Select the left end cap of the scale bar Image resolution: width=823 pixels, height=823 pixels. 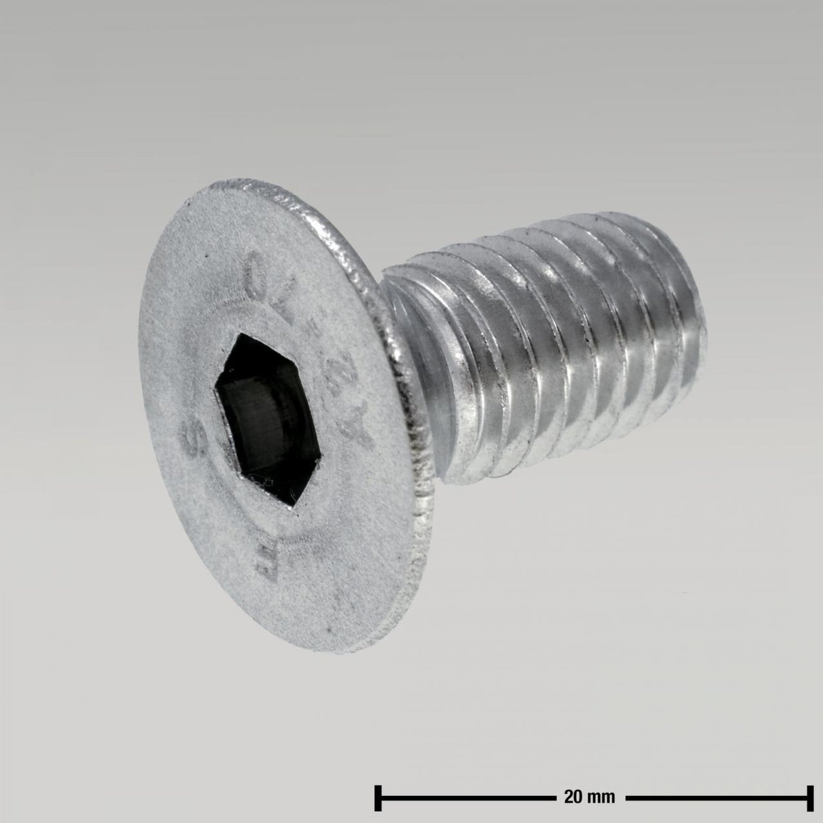378,797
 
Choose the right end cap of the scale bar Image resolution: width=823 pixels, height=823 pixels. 810,797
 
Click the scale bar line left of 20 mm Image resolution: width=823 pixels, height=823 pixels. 468,797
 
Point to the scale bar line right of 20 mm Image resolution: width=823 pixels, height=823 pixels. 719,797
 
